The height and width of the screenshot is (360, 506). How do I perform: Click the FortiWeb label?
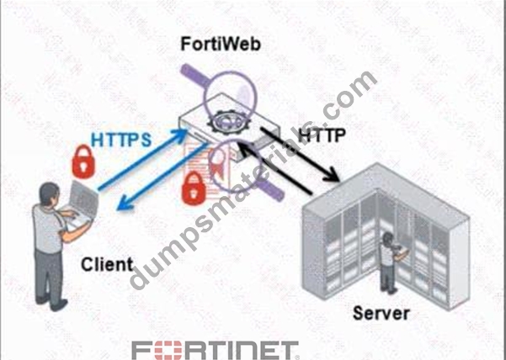(221, 44)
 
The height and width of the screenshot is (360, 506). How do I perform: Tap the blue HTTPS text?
(121, 140)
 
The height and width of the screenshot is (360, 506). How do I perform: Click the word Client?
(107, 264)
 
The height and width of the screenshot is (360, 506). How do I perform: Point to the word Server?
(381, 313)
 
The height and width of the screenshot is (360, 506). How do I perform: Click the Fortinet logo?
(216, 351)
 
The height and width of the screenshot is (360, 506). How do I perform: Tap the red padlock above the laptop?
(83, 161)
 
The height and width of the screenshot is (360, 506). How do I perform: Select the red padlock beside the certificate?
(194, 188)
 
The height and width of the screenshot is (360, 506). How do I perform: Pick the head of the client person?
(50, 193)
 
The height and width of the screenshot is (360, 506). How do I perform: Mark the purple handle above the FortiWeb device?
(194, 76)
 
